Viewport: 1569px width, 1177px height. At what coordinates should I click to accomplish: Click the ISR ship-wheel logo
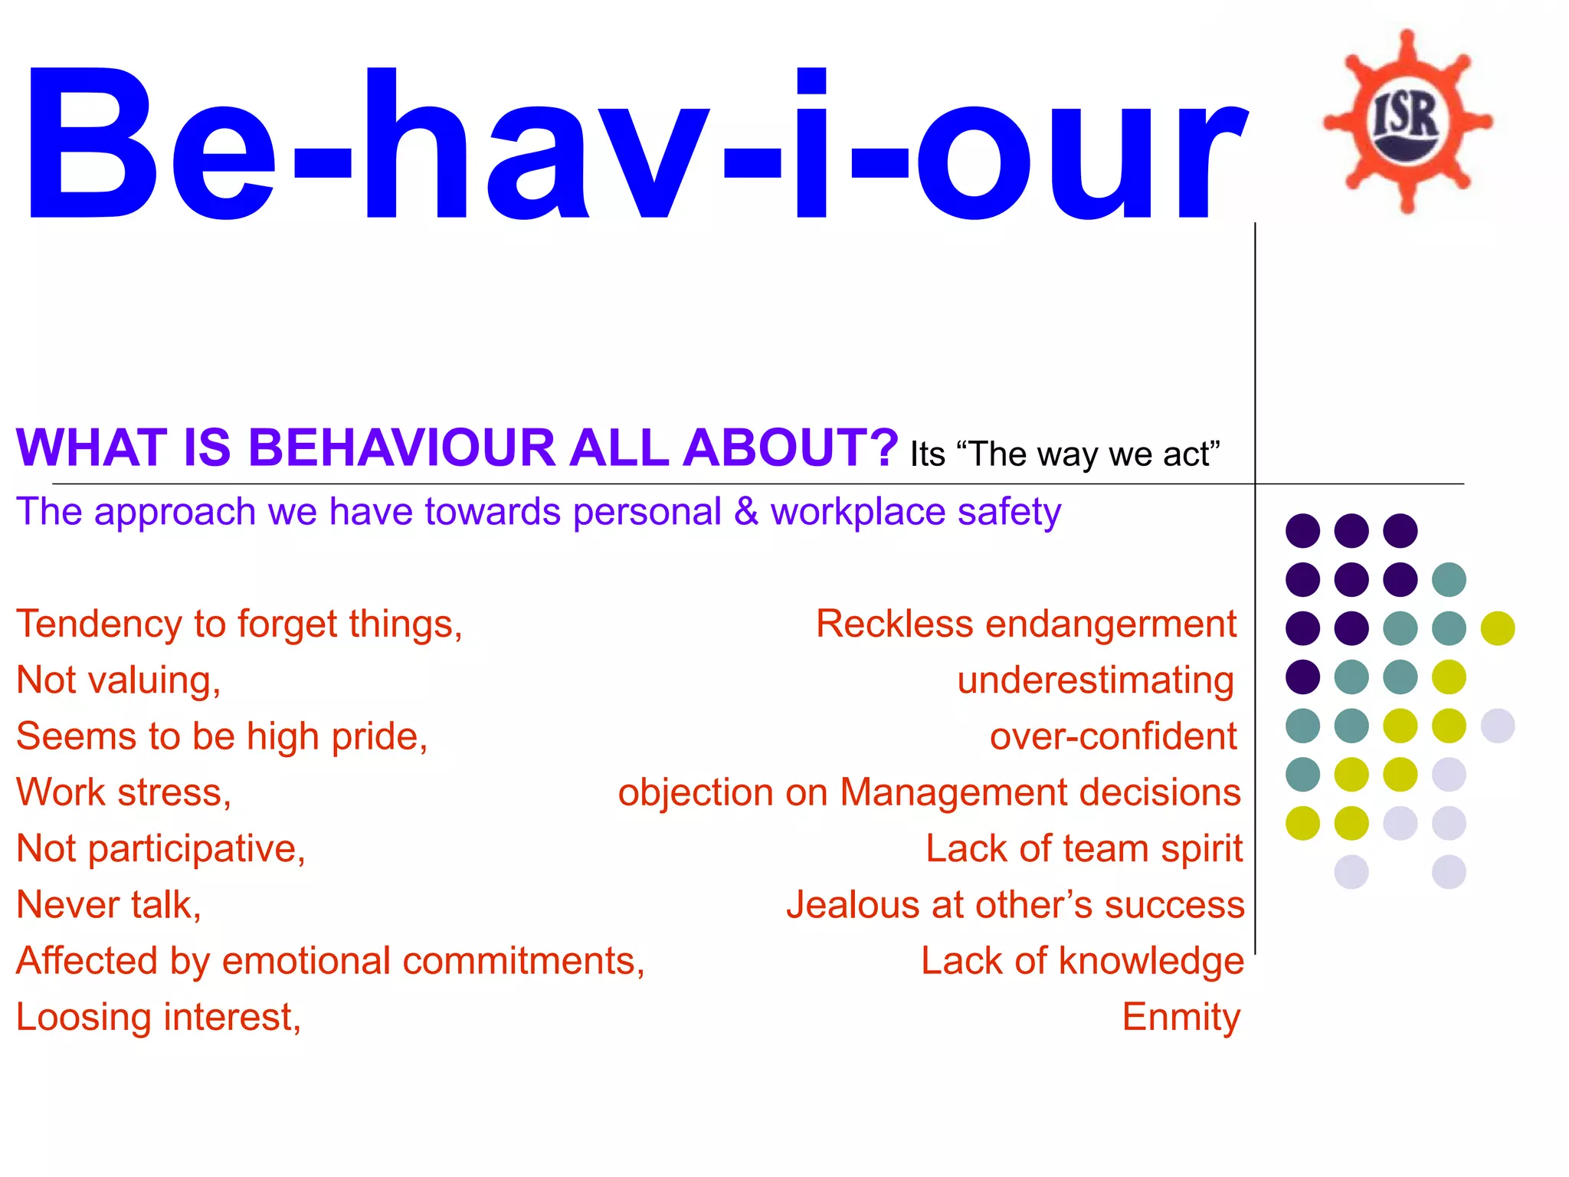pos(1407,121)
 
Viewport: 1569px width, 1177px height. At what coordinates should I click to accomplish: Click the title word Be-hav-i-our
pos(636,146)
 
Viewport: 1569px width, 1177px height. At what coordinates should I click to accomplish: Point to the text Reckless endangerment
pos(1026,624)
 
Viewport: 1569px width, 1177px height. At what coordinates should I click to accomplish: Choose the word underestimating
pos(1096,680)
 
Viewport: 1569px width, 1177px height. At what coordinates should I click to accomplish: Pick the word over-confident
pos(1113,736)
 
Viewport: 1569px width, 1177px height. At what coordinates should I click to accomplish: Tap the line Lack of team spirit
pos(1084,849)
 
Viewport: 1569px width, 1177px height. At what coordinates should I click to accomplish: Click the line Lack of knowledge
pos(1082,961)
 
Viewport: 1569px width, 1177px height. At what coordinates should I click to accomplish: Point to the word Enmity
pos(1181,1017)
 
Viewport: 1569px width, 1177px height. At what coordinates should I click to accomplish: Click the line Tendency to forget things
pos(239,624)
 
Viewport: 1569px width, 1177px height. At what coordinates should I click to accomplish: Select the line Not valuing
pos(119,680)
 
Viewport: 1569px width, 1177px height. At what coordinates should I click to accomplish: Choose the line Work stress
pos(123,792)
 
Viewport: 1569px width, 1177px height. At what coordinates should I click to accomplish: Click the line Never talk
pos(109,905)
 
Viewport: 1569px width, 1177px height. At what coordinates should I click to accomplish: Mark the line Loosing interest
pos(159,1017)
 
